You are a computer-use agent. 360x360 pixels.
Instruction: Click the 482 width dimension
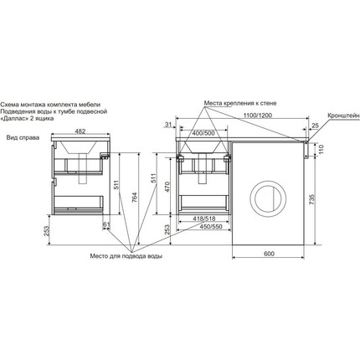tap(80, 131)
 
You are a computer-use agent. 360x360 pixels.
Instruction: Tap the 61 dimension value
tap(106, 224)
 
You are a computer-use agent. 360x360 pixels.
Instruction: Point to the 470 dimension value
tap(167, 188)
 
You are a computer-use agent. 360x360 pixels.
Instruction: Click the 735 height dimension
tap(312, 199)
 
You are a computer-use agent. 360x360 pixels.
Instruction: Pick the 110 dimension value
tap(321, 150)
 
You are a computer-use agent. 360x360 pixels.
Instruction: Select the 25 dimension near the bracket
tap(315, 126)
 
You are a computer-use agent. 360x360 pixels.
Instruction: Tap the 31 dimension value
tap(168, 125)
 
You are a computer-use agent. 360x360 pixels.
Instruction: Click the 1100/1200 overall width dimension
tap(258, 116)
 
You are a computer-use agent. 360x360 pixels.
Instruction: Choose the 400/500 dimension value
tap(203, 133)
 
